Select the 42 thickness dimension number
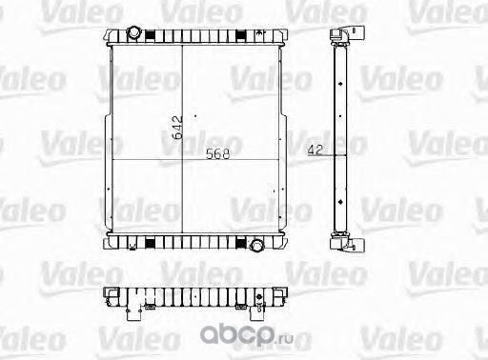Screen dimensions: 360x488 click(315, 150)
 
